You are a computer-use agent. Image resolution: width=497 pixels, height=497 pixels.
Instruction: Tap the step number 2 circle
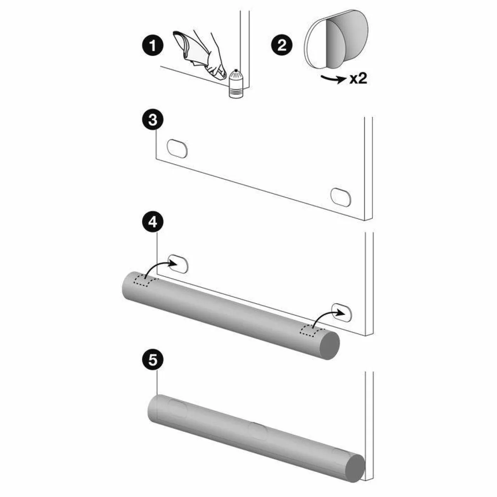[282, 46]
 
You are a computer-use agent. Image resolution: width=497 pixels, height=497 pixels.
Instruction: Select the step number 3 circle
[153, 120]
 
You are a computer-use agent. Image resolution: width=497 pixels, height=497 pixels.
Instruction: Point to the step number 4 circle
[153, 222]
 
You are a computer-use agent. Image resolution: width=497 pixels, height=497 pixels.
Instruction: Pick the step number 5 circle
[153, 360]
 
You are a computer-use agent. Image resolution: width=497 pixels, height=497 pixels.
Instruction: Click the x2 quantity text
[358, 79]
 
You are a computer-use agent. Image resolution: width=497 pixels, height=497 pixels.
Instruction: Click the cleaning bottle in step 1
[236, 83]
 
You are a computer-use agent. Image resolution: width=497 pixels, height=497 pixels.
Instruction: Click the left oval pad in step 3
[177, 149]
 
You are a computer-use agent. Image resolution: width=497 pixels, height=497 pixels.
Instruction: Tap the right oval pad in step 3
[341, 197]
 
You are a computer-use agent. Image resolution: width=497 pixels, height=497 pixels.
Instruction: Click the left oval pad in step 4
[178, 264]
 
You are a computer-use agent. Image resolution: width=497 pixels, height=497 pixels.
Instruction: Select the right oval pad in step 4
[341, 312]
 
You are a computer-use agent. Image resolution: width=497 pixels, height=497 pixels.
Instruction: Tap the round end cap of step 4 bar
[330, 345]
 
